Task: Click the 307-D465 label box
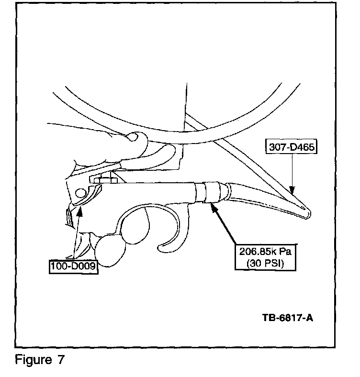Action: (x=291, y=146)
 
